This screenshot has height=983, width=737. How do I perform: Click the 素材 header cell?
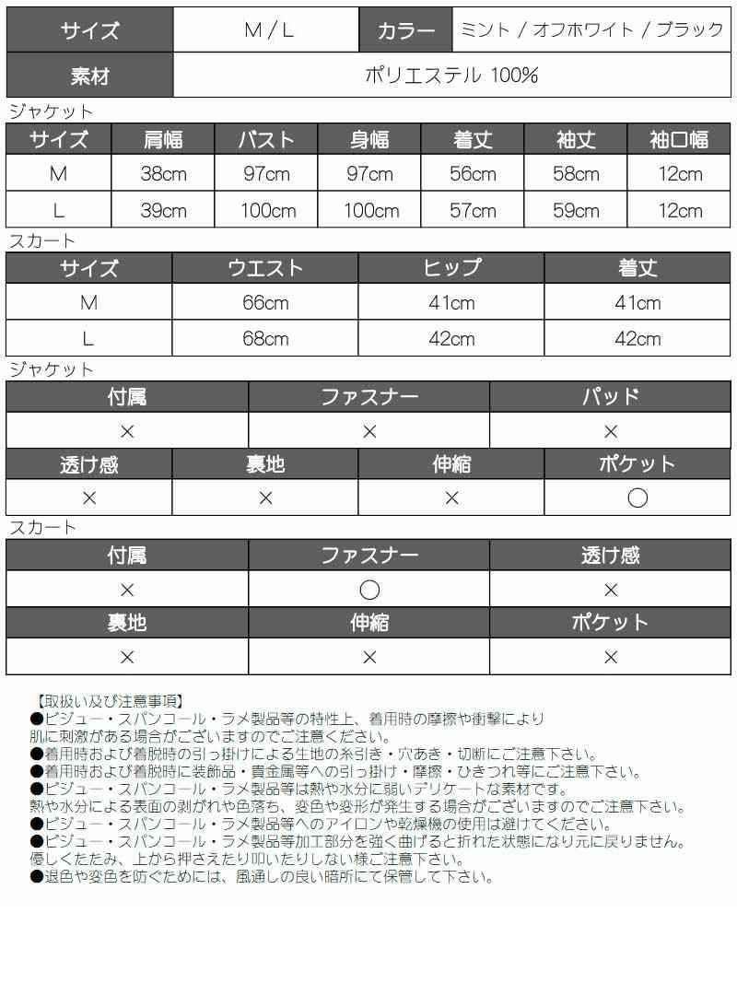(89, 76)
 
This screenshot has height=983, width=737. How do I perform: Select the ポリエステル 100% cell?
(451, 76)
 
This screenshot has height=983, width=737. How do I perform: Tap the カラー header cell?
(406, 30)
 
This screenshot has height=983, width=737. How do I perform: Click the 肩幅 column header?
(163, 139)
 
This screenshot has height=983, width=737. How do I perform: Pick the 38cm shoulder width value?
(163, 174)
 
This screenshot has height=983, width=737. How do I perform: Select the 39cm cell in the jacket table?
(163, 211)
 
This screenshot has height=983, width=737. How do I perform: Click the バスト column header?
(266, 139)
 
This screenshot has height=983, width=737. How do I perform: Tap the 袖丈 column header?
(576, 139)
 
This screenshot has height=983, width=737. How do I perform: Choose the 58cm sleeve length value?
(576, 174)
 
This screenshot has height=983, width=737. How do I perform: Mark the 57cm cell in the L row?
(473, 211)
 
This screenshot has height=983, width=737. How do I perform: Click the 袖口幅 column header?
(679, 139)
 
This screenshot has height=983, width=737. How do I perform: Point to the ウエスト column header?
(265, 268)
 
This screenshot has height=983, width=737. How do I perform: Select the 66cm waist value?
(265, 303)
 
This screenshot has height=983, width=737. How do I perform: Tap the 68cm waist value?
(265, 339)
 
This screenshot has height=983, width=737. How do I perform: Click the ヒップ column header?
(451, 268)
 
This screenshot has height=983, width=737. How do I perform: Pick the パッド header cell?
(611, 398)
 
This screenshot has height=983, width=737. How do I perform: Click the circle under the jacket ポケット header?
(638, 498)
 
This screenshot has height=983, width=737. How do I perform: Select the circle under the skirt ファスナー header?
(368, 591)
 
